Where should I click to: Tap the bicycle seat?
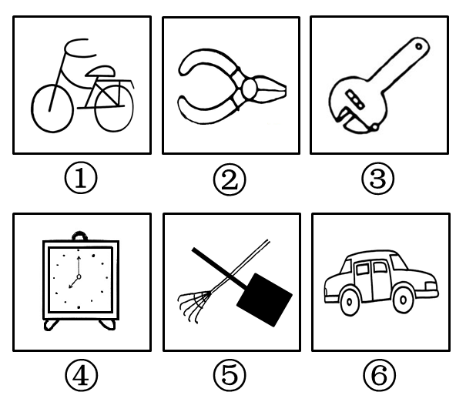coord(100,72)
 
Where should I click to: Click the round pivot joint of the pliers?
coord(249,87)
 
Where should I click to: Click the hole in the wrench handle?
coord(418,46)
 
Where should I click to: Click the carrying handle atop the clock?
coord(79,236)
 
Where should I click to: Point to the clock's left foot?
coord(51,325)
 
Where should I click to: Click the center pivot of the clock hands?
coord(79,277)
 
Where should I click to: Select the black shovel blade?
coord(264,300)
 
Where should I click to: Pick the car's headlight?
coord(431,286)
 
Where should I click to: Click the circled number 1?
coord(81,178)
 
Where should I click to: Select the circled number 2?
coord(230,179)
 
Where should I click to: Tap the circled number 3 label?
coord(377,179)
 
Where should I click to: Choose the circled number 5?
coord(230,374)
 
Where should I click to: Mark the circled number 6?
coord(380,375)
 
